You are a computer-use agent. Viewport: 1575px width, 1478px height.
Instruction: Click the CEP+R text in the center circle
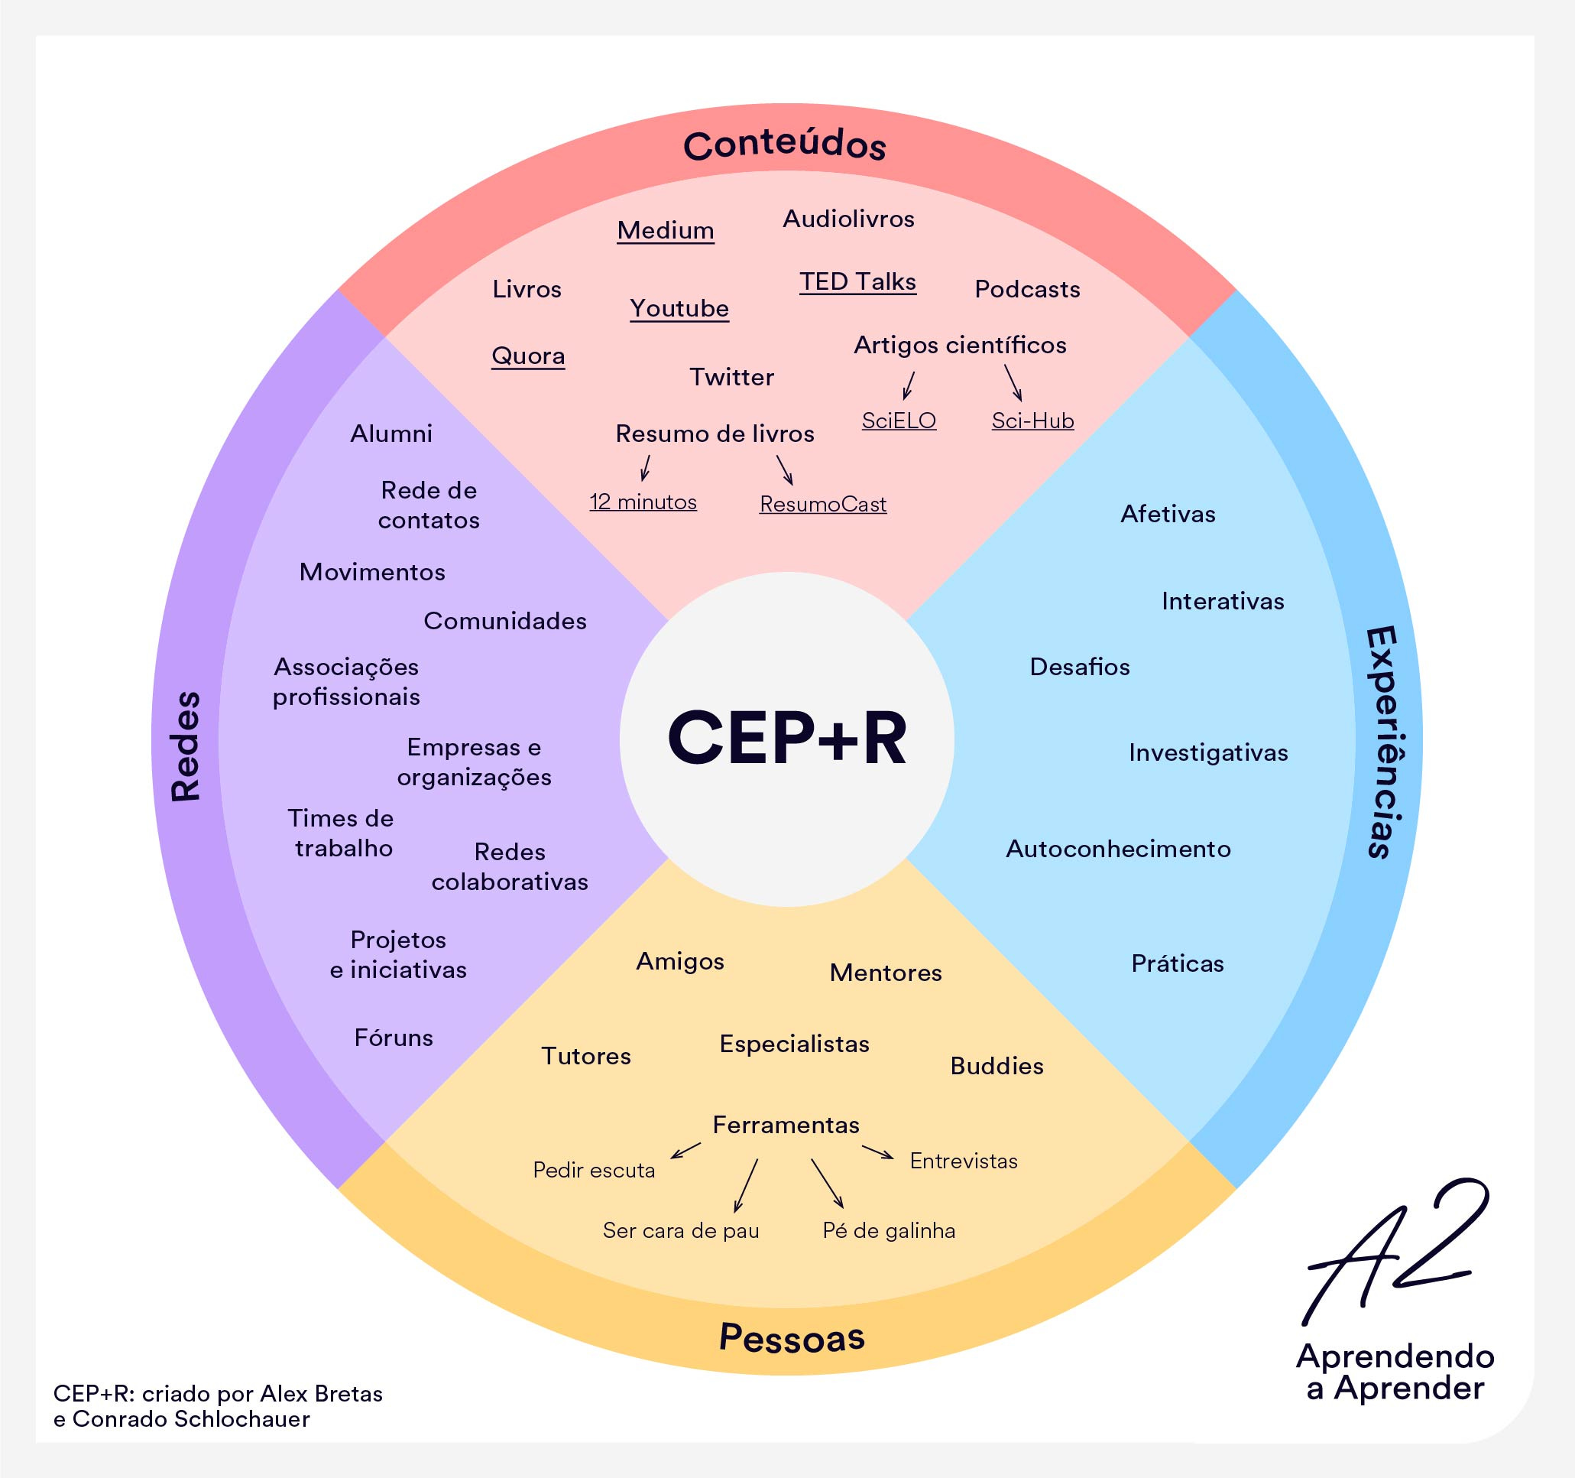786,739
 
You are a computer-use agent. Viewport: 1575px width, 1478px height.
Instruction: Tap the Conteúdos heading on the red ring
784,145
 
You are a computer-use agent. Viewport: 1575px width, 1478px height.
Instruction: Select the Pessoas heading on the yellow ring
792,1337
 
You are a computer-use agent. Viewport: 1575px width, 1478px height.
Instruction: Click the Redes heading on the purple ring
186,745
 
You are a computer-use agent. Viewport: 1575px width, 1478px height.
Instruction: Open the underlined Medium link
666,231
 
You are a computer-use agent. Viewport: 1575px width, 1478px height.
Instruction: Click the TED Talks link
858,282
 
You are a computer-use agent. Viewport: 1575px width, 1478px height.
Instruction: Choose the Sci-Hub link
1032,421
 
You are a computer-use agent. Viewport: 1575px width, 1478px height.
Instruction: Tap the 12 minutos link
643,502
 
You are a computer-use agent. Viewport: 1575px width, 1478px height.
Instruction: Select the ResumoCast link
823,504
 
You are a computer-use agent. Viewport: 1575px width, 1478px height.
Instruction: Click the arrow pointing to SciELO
909,385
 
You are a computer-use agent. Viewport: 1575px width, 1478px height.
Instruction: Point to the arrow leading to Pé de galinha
826,1183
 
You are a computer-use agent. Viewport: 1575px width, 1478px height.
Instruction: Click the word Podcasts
1027,289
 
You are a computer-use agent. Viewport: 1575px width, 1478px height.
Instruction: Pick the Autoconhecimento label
1118,849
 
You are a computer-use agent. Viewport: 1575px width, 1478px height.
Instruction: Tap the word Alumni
391,434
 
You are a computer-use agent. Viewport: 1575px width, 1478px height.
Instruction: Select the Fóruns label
394,1038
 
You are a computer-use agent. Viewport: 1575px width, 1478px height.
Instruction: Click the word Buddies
997,1066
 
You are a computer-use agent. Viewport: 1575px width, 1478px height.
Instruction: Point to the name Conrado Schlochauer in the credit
190,1418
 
